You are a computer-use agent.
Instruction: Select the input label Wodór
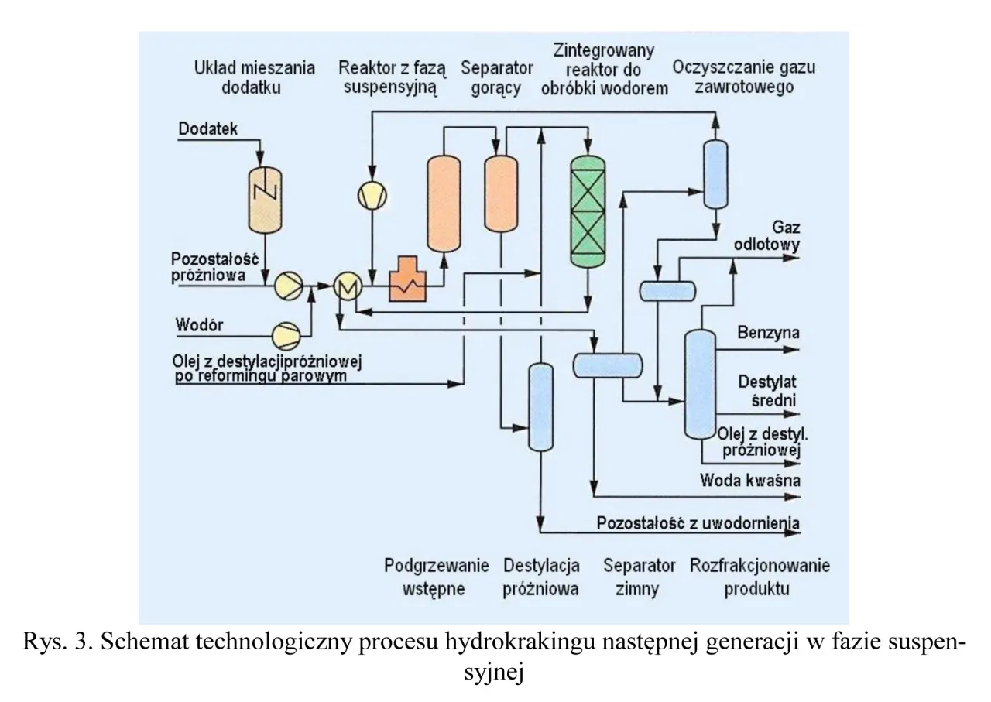[x=200, y=325]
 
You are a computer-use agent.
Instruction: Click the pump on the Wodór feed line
[x=286, y=334]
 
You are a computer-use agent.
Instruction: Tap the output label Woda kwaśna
[x=749, y=480]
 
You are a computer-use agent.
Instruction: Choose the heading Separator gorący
[x=490, y=77]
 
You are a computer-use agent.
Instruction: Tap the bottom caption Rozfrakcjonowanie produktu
[x=759, y=577]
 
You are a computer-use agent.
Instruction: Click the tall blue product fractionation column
[x=700, y=383]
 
